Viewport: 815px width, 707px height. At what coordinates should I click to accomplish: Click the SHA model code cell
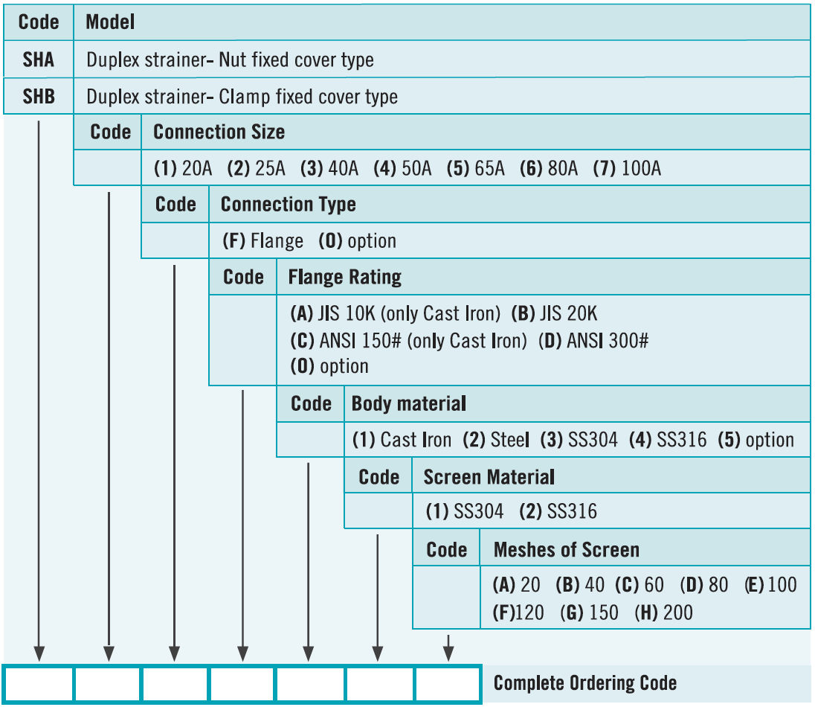point(39,60)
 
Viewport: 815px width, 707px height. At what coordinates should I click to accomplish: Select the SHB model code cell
point(39,96)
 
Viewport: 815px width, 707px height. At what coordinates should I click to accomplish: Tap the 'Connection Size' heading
point(219,132)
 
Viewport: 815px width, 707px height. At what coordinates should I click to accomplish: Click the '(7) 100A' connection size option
point(627,168)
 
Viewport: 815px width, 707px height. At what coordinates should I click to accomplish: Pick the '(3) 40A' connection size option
point(329,168)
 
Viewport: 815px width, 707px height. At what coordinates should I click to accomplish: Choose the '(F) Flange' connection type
point(263,241)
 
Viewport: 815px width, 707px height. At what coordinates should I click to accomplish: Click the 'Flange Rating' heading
point(344,278)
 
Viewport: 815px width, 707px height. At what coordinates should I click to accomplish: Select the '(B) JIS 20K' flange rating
point(554,314)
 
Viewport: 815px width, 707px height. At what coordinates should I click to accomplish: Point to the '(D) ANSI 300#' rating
point(593,341)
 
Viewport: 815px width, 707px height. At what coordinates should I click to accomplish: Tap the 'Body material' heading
point(408,403)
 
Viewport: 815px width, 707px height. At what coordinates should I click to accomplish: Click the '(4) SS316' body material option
point(668,440)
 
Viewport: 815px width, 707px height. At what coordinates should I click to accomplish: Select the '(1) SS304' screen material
point(465,511)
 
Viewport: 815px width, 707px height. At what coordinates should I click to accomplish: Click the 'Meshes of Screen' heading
point(567,550)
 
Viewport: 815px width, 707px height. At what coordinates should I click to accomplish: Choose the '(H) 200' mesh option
point(664,612)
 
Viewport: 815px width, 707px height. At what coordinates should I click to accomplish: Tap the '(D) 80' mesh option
point(704,585)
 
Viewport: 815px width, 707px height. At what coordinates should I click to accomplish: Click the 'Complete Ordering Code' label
point(585,683)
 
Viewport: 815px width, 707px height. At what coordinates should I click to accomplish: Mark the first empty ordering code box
point(39,684)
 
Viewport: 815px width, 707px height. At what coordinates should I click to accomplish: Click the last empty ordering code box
point(448,684)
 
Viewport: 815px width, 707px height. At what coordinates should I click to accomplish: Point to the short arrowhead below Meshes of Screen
point(448,653)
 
